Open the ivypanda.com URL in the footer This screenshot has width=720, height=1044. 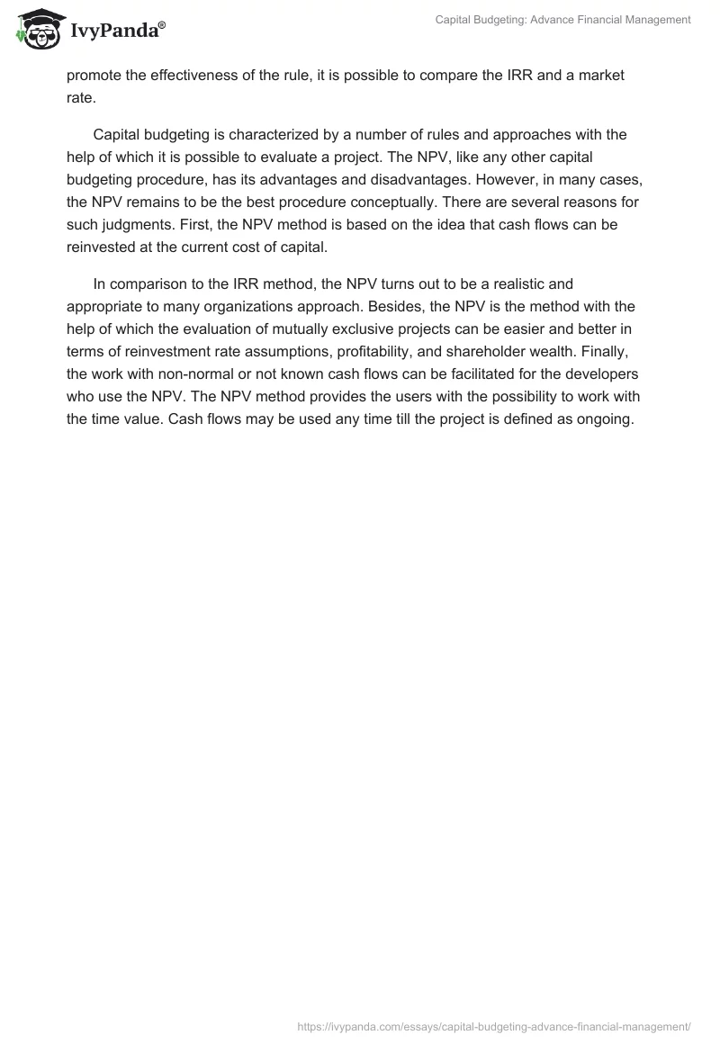click(494, 1025)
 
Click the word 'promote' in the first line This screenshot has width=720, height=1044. click(94, 75)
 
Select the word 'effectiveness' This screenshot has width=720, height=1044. click(201, 75)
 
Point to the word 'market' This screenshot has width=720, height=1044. click(600, 75)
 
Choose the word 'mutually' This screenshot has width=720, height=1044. click(297, 329)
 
